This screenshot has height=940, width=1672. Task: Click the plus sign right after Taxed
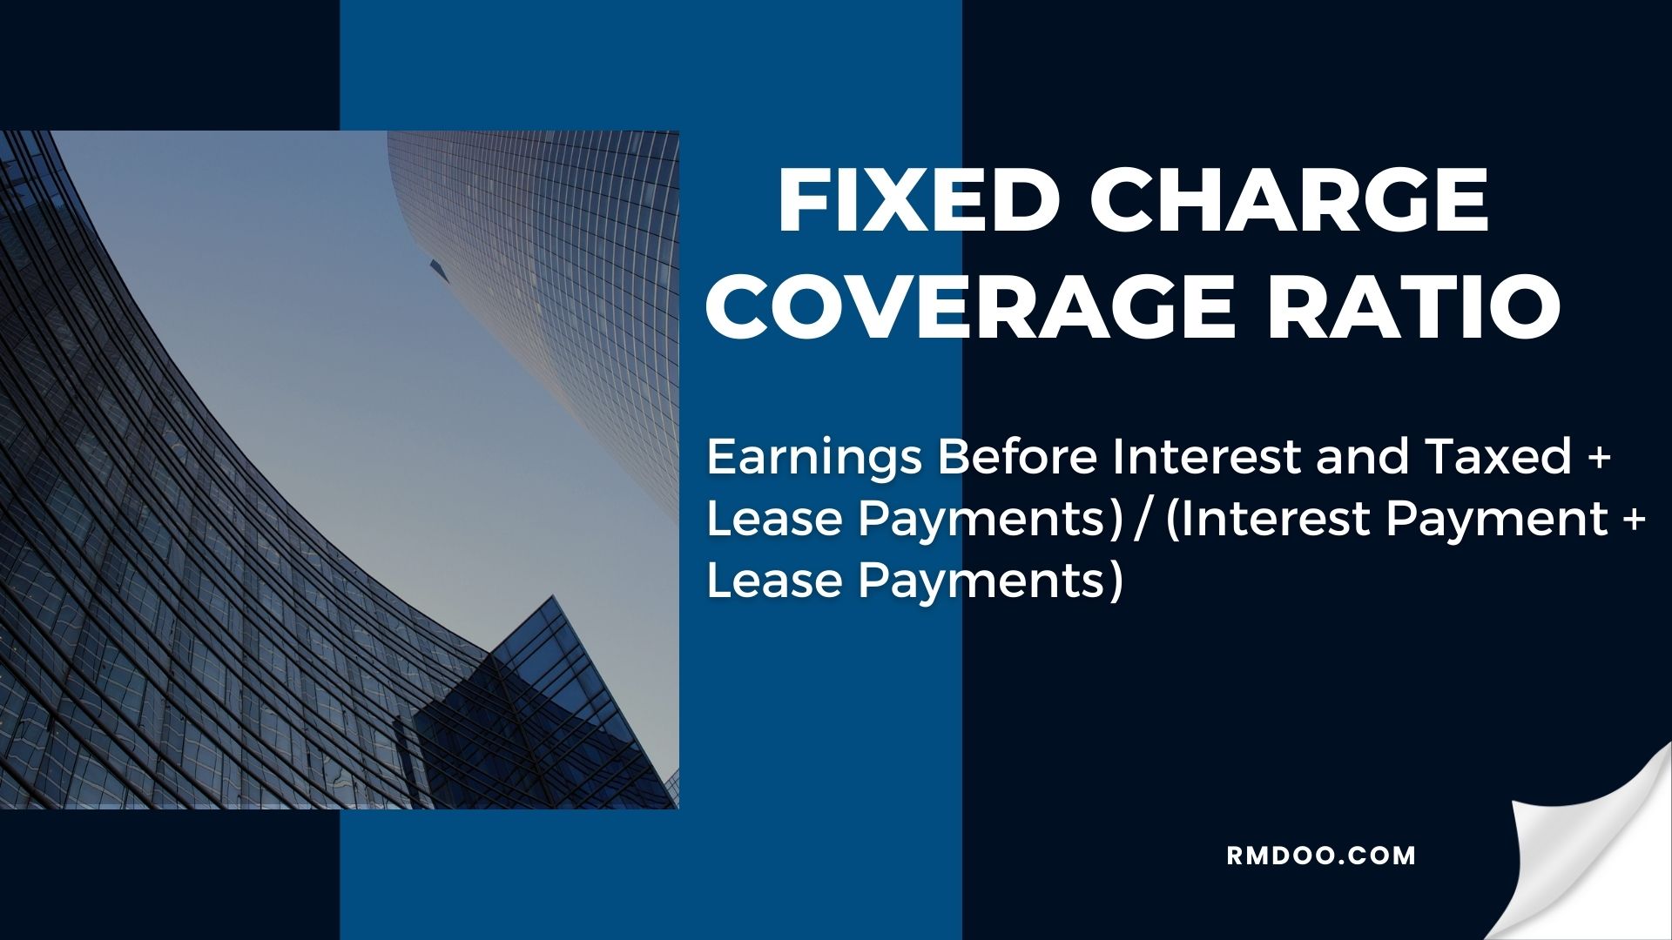[x=1600, y=458]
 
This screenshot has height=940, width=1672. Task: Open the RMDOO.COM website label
[x=1321, y=856]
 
